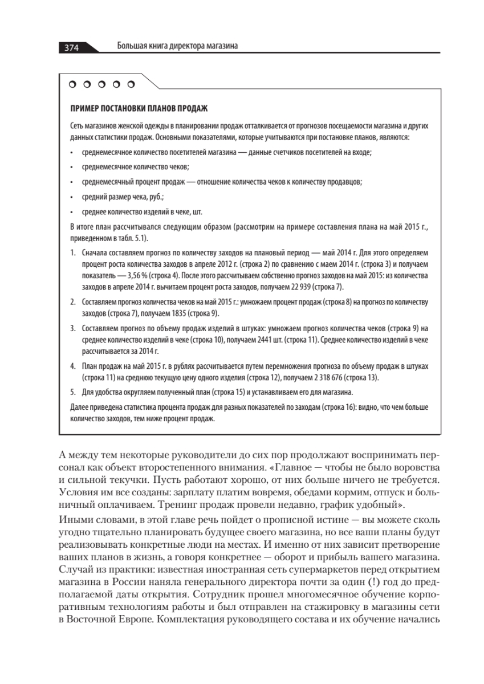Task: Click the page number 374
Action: [71, 47]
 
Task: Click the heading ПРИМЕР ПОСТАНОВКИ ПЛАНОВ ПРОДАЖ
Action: [138, 108]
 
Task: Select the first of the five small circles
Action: [72, 85]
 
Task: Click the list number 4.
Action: [72, 367]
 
